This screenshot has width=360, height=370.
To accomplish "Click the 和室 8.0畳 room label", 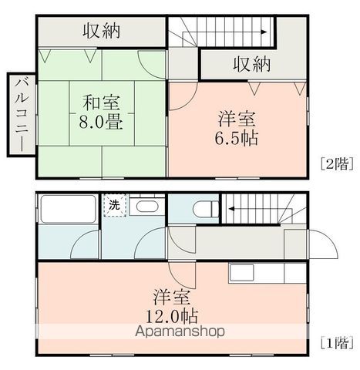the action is tap(101, 112).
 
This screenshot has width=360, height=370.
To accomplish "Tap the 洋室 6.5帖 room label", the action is tap(237, 128).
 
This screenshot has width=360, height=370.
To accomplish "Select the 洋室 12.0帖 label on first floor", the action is tap(172, 306).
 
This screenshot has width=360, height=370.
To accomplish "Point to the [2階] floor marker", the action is tap(337, 163).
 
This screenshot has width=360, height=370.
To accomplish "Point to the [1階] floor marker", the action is tap(337, 342).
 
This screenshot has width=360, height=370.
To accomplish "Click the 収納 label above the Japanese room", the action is tap(102, 31).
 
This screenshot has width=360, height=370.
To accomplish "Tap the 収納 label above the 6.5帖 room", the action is tap(252, 63).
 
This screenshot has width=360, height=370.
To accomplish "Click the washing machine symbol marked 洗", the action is tap(115, 206).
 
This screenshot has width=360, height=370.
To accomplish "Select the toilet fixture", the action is tap(206, 208).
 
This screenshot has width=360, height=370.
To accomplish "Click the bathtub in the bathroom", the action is tap(68, 209).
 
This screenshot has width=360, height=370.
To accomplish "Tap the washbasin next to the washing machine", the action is tap(147, 207).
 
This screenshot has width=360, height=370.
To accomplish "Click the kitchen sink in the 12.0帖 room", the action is tap(242, 273).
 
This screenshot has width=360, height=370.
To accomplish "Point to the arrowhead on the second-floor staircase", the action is tap(264, 32).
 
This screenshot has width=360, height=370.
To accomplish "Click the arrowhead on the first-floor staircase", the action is tap(231, 209).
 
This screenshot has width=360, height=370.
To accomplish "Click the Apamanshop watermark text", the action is tap(180, 331).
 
